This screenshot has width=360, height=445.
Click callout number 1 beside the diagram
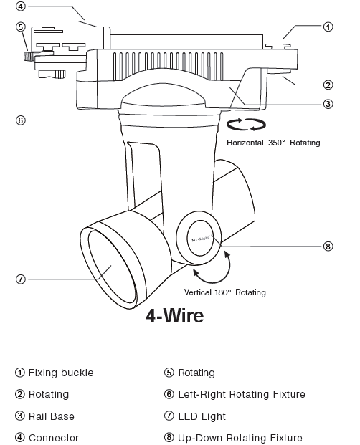(x=327, y=27)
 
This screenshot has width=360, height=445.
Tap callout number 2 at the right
(x=327, y=83)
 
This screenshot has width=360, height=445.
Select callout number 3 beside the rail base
(x=327, y=104)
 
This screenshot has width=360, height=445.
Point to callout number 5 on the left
(x=21, y=27)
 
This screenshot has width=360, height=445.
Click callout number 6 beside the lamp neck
(x=21, y=120)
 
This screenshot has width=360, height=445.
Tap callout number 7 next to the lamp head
(x=21, y=279)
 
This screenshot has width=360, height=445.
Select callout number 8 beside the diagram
(x=328, y=246)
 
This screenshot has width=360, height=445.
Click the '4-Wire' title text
(x=174, y=315)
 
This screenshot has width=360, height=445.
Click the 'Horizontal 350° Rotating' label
(x=273, y=143)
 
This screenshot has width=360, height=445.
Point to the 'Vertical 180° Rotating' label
(x=224, y=292)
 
